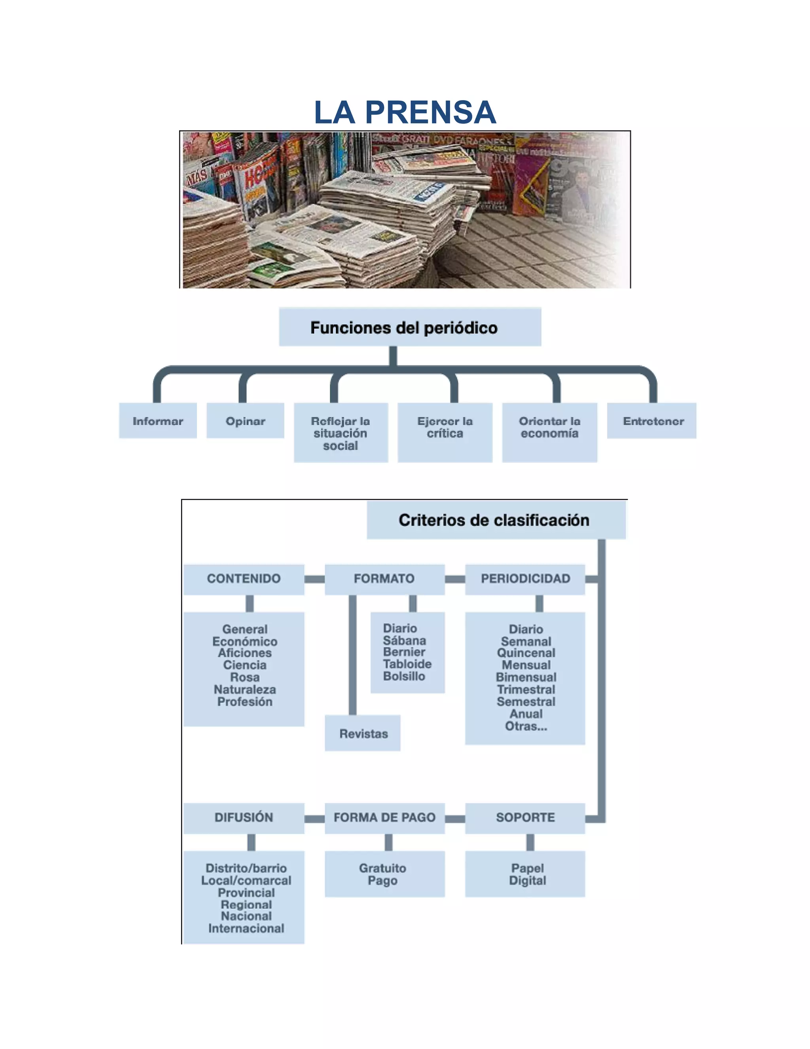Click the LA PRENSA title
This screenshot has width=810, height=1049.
(405, 112)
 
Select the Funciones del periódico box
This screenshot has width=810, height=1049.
(410, 327)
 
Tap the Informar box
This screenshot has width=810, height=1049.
(158, 421)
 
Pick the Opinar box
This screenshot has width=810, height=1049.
(245, 421)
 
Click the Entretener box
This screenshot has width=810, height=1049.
(653, 421)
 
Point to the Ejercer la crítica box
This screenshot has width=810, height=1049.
(445, 432)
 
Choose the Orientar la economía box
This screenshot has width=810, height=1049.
(549, 432)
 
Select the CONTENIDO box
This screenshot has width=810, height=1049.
(244, 579)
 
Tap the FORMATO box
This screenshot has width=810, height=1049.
(384, 579)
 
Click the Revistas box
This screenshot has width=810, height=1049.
(363, 734)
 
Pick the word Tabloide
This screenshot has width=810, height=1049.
(407, 664)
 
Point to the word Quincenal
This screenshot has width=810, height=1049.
(526, 653)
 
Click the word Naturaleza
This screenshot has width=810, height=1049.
(245, 689)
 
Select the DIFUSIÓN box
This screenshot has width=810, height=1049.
(244, 817)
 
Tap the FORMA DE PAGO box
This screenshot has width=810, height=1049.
(384, 817)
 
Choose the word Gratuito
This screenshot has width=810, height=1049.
(382, 868)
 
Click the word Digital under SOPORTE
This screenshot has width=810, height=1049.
(527, 880)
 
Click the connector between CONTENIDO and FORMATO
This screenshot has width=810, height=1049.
(314, 579)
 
